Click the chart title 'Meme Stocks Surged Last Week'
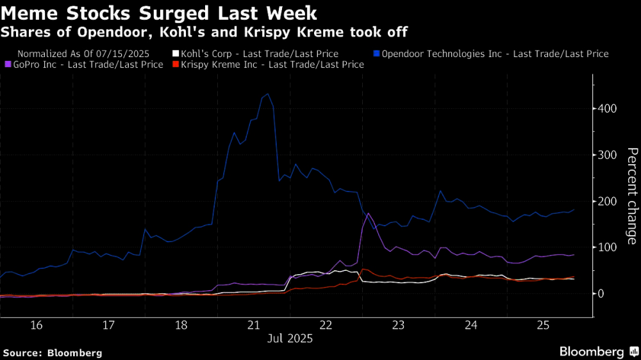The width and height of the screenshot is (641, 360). pyautogui.click(x=160, y=12)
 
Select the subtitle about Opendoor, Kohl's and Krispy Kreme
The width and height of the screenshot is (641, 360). pyautogui.click(x=204, y=31)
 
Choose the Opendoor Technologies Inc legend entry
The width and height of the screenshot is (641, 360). pyautogui.click(x=494, y=54)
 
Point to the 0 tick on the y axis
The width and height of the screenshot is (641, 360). pyautogui.click(x=602, y=293)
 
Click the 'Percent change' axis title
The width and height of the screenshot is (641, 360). pyautogui.click(x=631, y=196)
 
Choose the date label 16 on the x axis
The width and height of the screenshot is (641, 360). pyautogui.click(x=36, y=325)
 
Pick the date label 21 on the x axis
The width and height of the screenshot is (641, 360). pyautogui.click(x=253, y=325)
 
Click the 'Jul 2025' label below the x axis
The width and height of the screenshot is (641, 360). pyautogui.click(x=289, y=339)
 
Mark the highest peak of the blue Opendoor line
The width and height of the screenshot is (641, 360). pyautogui.click(x=267, y=94)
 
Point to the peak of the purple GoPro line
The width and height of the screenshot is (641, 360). pyautogui.click(x=368, y=213)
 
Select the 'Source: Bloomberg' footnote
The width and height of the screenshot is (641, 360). pyautogui.click(x=53, y=353)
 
